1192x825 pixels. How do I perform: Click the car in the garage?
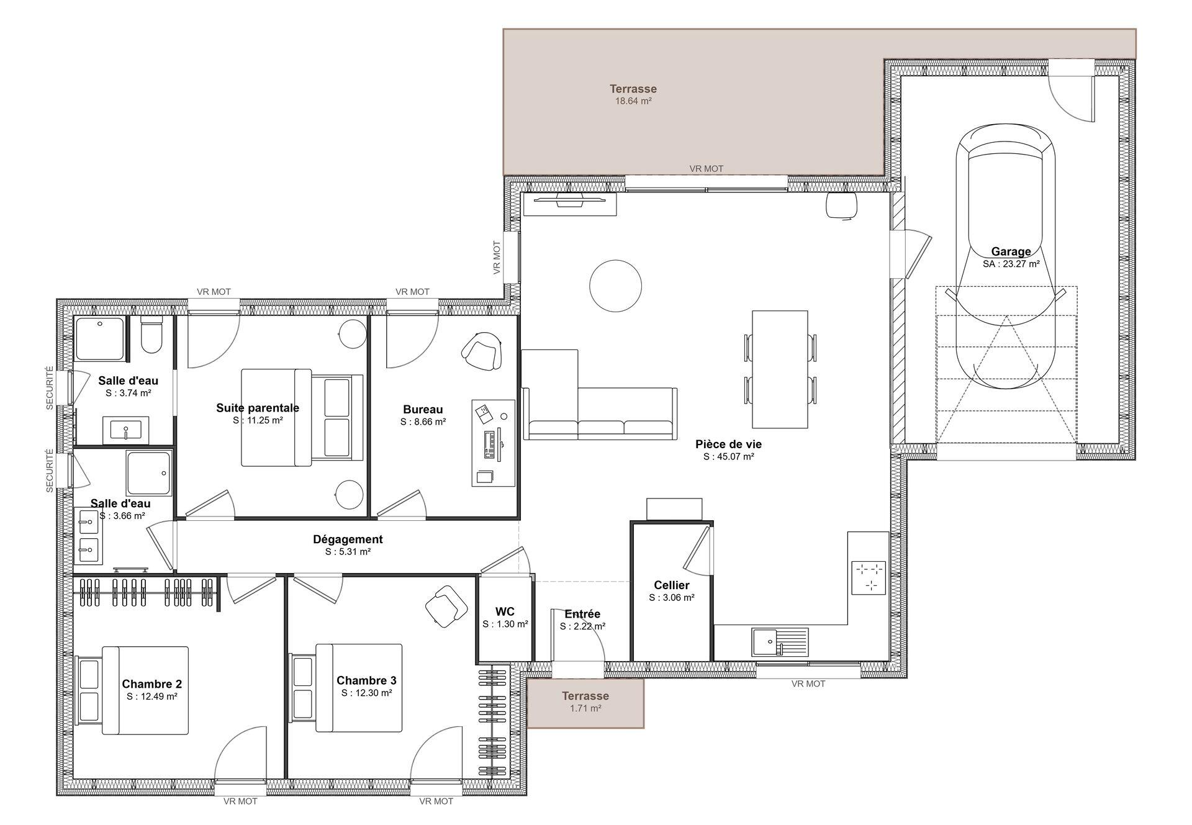[x=1006, y=256]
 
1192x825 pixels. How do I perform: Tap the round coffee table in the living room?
[x=615, y=286]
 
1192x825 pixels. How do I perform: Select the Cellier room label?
[x=672, y=585]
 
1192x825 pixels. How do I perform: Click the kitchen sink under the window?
[x=780, y=642]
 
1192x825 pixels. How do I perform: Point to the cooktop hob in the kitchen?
[x=869, y=577]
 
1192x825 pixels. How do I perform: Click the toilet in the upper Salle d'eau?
[x=151, y=334]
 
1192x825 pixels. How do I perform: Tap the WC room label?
[x=505, y=612]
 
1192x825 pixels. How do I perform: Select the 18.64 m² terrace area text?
[x=633, y=101]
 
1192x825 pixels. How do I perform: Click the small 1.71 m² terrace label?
[x=585, y=696]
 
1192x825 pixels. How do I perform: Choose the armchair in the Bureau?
[x=481, y=352]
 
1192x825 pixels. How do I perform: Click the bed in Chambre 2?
[x=132, y=690]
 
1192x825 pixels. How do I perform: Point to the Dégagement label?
[x=348, y=539]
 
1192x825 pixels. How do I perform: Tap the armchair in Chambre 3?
[x=446, y=606]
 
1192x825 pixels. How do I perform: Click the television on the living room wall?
[x=570, y=199]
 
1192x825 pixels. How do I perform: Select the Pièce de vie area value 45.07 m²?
[x=729, y=457]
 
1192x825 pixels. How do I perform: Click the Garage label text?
[x=1011, y=251]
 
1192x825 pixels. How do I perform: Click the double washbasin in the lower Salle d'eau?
[x=88, y=535]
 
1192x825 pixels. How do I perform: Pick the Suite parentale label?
[x=258, y=408]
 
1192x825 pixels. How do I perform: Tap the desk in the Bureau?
[x=494, y=443]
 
